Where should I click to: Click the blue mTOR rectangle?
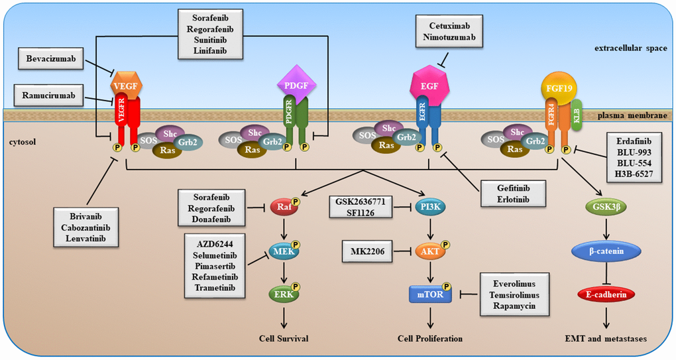(x=431, y=292)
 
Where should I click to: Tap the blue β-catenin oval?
(x=601, y=253)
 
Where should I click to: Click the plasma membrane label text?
(x=634, y=115)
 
